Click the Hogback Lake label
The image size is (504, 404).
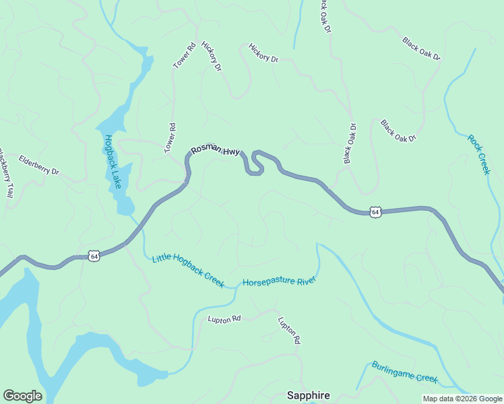pyautogui.click(x=112, y=162)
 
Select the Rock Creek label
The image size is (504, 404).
pyautogui.click(x=479, y=154)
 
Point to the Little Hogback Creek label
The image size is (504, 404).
pyautogui.click(x=188, y=269)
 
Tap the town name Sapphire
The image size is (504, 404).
pyautogui.click(x=309, y=395)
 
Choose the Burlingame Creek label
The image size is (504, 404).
pyautogui.click(x=404, y=372)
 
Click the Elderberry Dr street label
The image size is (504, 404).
pyautogui.click(x=38, y=165)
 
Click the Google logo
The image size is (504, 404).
pyautogui.click(x=22, y=396)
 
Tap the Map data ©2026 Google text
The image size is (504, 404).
pyautogui.click(x=462, y=399)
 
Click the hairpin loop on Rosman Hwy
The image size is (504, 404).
pyautogui.click(x=256, y=164)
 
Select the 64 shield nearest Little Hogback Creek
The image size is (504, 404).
pyautogui.click(x=94, y=256)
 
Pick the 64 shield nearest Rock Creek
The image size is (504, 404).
pyautogui.click(x=376, y=212)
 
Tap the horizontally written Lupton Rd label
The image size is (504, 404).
pyautogui.click(x=224, y=318)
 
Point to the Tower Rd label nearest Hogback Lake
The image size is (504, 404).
pyautogui.click(x=170, y=138)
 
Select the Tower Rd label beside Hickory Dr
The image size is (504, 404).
pyautogui.click(x=184, y=55)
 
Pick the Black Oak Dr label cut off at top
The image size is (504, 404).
pyautogui.click(x=325, y=15)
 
